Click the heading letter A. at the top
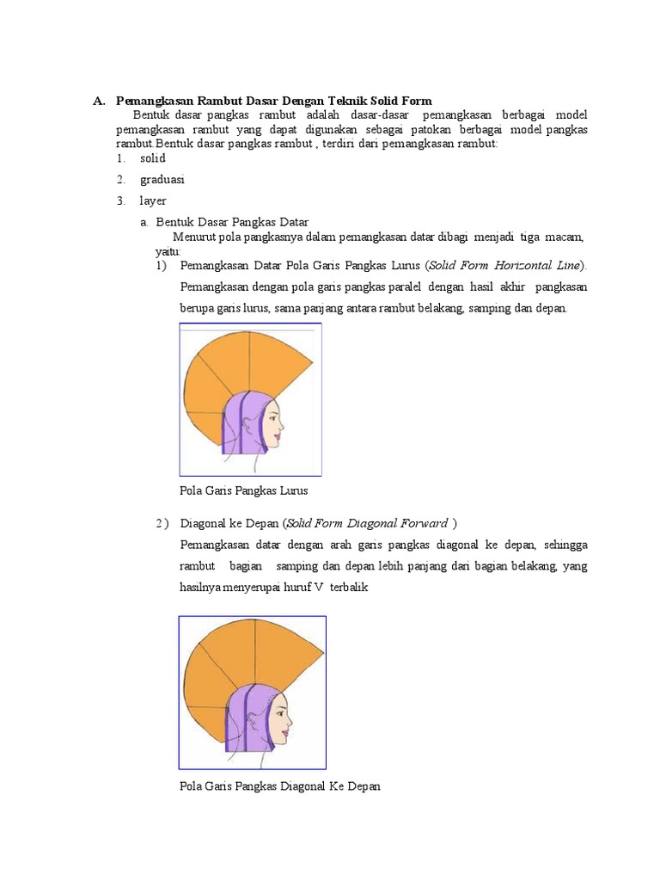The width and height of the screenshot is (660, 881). tap(99, 102)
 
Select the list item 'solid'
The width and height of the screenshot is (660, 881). tap(153, 158)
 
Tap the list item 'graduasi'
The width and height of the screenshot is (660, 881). tap(162, 180)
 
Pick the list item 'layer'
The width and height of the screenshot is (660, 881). tap(153, 200)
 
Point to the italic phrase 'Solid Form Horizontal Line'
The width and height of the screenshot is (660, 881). tap(506, 264)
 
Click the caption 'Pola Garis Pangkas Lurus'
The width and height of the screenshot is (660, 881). tap(243, 490)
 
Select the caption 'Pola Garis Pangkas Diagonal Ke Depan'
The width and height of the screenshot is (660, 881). tap(279, 786)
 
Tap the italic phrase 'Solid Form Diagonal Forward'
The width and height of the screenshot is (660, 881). tap(367, 523)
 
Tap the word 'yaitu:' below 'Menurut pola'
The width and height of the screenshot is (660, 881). tap(168, 250)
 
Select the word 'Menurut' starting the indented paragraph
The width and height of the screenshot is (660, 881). tap(193, 237)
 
